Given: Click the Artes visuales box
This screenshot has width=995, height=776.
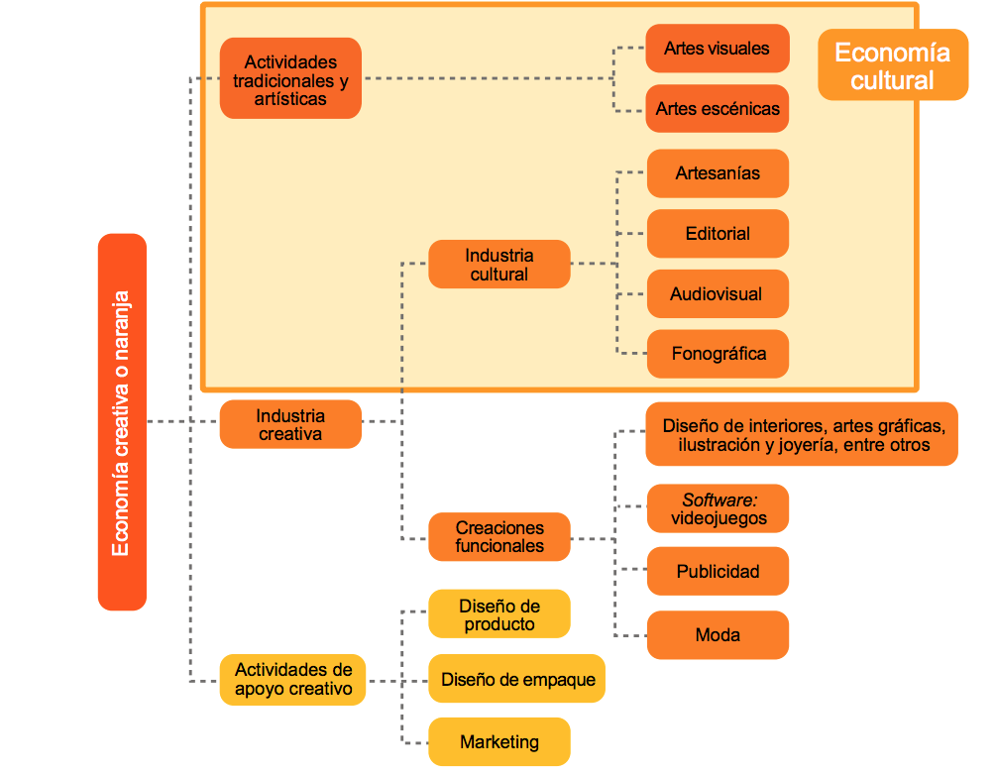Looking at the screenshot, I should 717,49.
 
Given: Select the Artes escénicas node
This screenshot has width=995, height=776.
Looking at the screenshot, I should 717,109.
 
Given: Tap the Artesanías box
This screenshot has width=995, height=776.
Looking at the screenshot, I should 718,173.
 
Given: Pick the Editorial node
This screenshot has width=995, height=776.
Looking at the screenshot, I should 718,234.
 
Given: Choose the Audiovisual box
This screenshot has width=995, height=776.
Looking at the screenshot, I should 717,294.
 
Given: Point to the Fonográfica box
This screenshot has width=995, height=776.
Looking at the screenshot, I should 718,354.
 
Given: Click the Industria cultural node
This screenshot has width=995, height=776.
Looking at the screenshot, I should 498,265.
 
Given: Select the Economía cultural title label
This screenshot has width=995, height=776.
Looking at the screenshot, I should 892,65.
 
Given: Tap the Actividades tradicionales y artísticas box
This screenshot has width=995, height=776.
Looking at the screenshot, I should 290,78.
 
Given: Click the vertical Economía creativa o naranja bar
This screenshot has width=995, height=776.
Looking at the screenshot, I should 122,422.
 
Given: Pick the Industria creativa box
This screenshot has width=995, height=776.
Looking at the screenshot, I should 290,424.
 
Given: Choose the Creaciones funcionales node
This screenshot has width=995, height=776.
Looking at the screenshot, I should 499,537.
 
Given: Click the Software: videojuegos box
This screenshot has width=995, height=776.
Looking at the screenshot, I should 718,508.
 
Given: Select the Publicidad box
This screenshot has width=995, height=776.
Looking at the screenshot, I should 718,572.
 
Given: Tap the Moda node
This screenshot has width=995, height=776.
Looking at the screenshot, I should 718,635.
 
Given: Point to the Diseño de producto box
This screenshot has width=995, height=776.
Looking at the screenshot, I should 499,614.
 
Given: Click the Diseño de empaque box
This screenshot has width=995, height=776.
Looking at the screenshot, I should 517,679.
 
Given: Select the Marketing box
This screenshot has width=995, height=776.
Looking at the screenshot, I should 499,741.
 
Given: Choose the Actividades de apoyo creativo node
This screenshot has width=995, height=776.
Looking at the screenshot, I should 292,680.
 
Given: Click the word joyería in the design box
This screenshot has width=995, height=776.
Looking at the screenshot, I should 805,446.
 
